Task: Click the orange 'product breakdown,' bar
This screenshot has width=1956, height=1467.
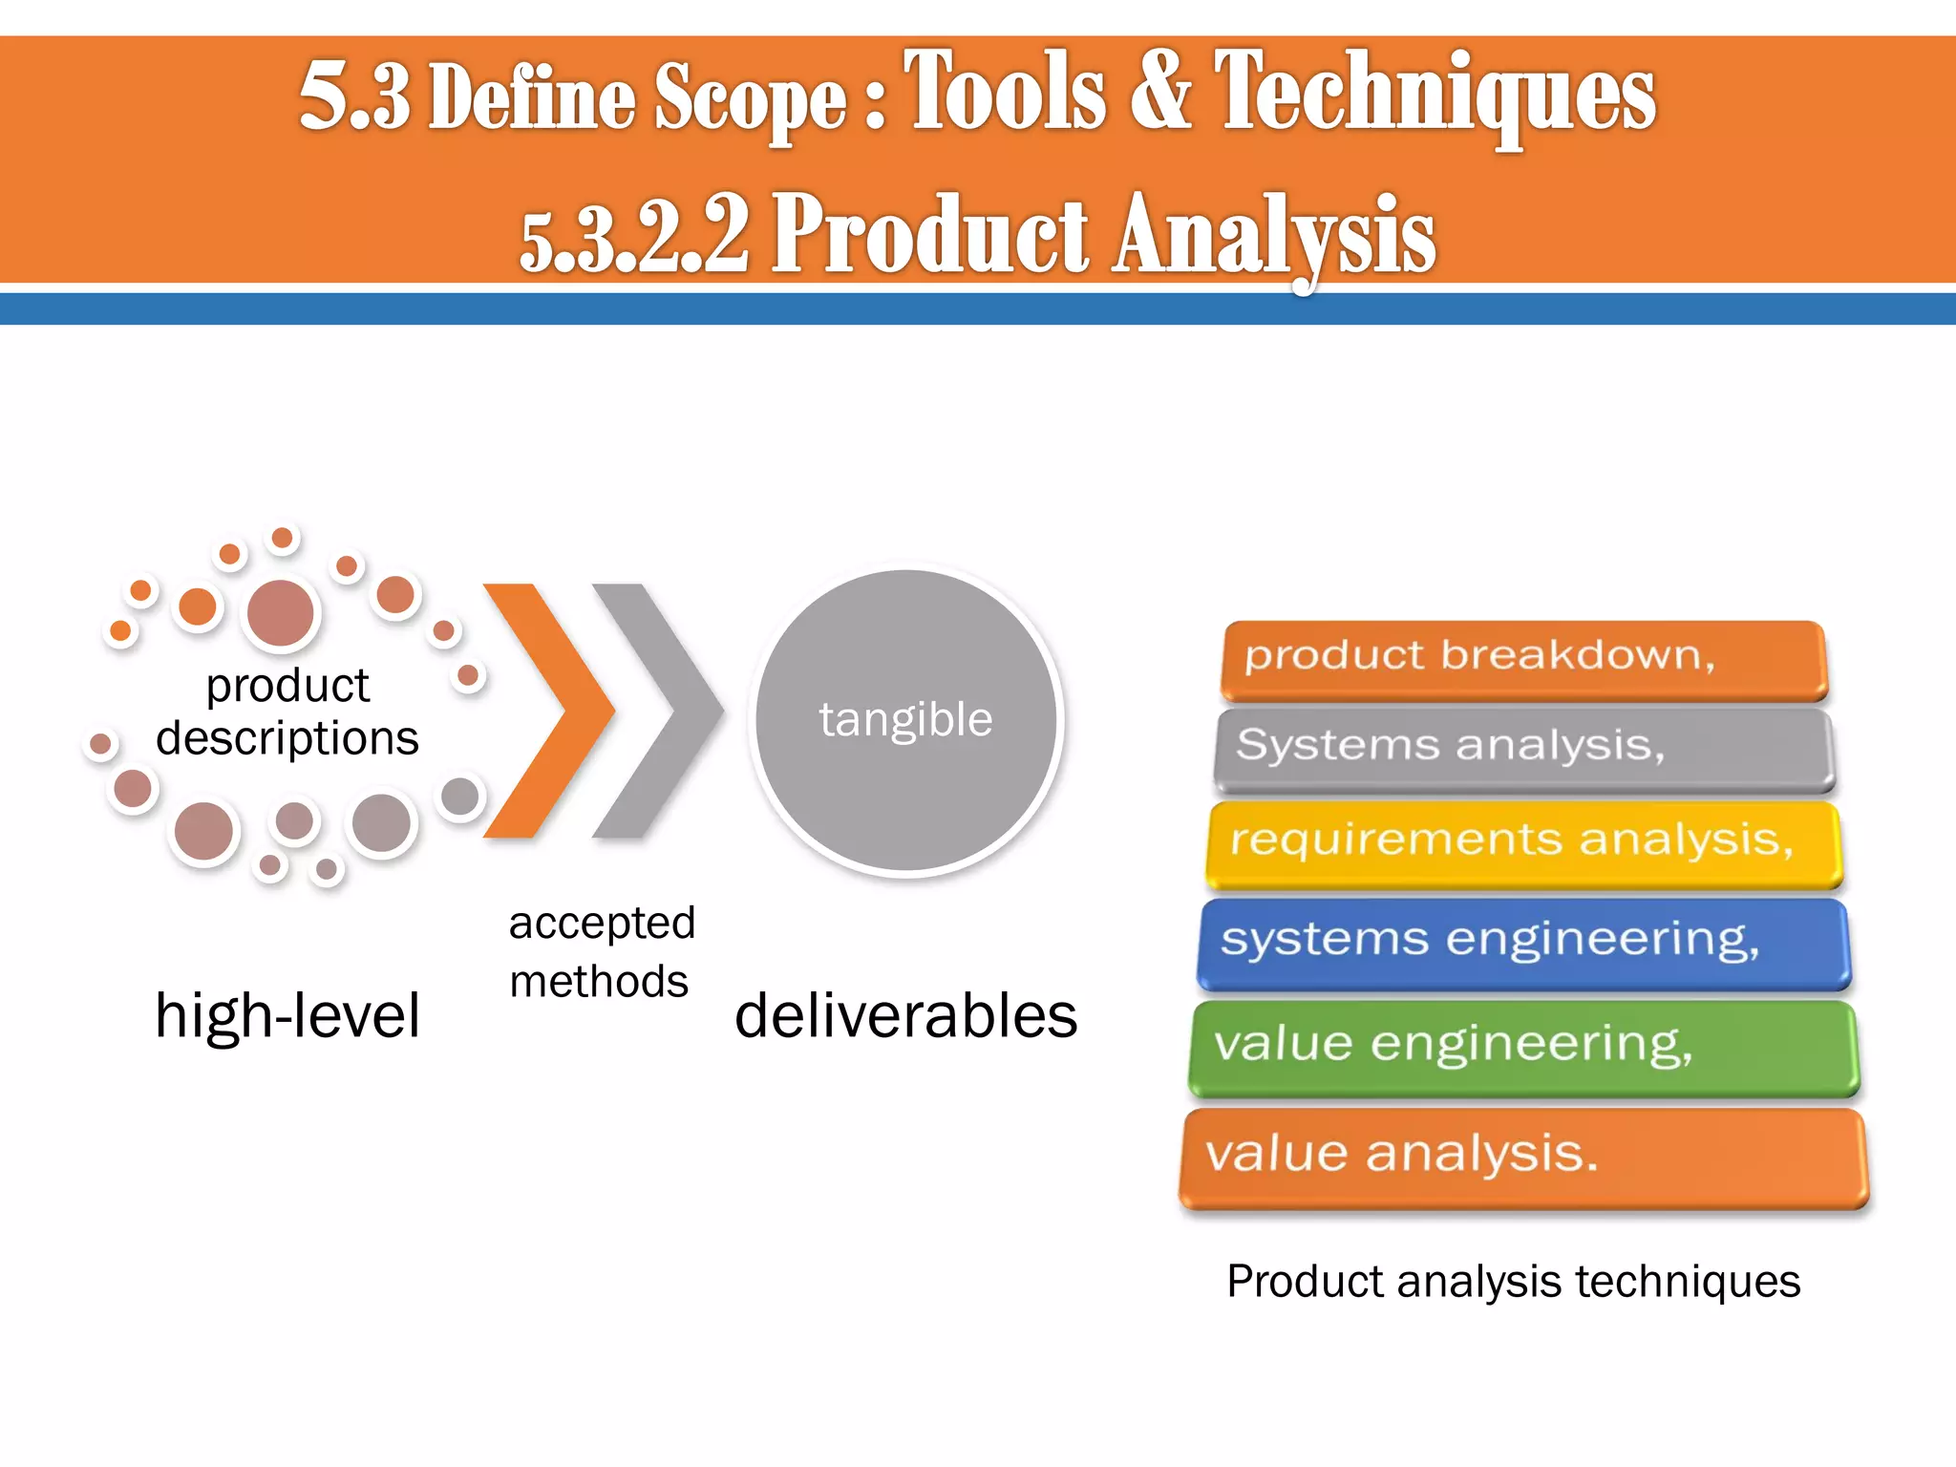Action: (x=1523, y=659)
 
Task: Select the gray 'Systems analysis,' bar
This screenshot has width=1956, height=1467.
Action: (x=1523, y=748)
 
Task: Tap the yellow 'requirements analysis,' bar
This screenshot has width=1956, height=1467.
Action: (x=1523, y=843)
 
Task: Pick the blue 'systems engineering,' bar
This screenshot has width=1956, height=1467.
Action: (x=1523, y=942)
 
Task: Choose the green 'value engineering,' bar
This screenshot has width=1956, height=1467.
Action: (x=1523, y=1046)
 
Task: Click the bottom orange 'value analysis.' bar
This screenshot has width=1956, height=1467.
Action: (x=1523, y=1157)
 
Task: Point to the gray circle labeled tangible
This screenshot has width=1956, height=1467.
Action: (x=905, y=719)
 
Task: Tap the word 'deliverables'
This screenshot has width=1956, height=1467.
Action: (x=905, y=1015)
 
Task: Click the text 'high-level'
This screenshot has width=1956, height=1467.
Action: (x=287, y=1015)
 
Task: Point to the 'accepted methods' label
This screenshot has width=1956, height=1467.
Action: (x=601, y=952)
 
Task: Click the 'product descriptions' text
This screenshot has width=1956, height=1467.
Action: (x=287, y=712)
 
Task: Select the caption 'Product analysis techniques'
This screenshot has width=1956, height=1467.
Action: (x=1513, y=1282)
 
